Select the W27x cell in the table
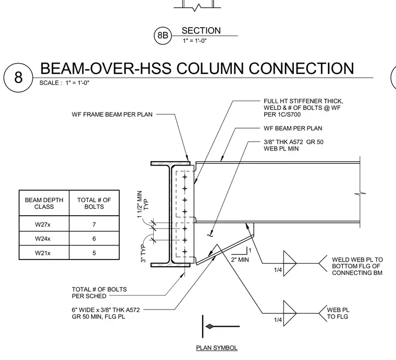44,224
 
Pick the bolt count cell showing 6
94,239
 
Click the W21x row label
43,253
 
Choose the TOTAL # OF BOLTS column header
94,203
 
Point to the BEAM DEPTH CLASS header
44,203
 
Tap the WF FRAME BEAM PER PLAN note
112,115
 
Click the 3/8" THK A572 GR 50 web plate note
293,145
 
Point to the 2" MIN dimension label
240,259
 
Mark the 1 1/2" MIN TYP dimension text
143,204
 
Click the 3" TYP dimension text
143,253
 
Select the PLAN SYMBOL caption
217,347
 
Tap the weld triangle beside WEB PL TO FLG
289,313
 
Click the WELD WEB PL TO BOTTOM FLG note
357,266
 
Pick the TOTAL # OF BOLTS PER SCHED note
99,293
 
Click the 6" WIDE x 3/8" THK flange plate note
106,313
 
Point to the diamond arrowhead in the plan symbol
209,327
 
